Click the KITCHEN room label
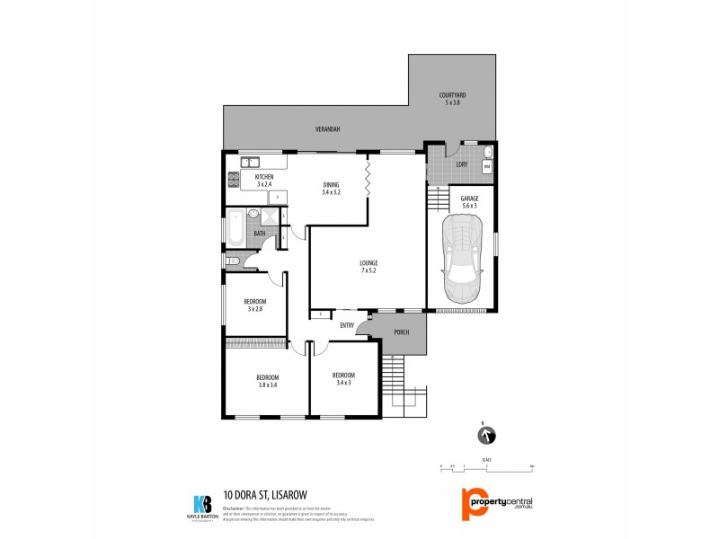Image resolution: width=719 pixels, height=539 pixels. point(263,181)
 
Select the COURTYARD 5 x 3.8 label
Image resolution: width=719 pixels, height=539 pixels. point(452,99)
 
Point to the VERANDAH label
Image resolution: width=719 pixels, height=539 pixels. point(327,130)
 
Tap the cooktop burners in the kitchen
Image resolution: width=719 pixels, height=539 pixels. point(231,178)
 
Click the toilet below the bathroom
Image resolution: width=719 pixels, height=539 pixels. point(233,261)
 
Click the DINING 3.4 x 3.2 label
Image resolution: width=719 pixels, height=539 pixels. point(332,189)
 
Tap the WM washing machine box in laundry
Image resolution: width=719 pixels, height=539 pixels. point(487,167)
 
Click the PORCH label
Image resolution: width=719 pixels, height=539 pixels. point(402,332)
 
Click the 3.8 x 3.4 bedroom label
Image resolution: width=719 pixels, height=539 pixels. point(267,381)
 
